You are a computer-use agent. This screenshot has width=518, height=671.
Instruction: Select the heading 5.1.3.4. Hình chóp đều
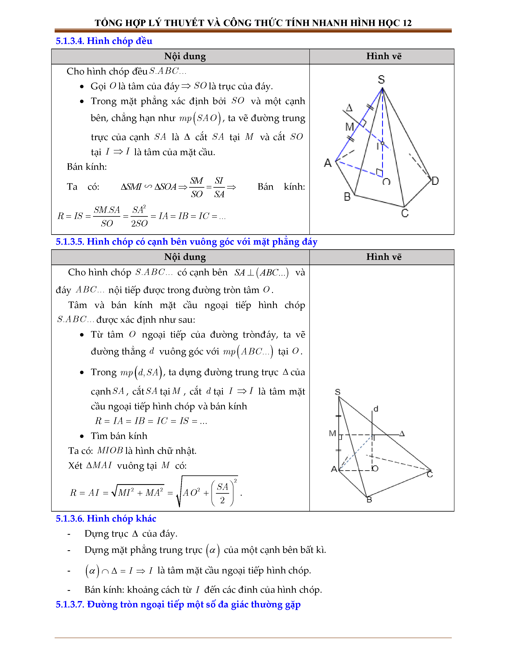tap(104, 41)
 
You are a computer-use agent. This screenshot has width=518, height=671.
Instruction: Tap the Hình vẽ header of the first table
tap(384, 56)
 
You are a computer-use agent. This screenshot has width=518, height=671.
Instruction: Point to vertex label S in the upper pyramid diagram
tap(381, 80)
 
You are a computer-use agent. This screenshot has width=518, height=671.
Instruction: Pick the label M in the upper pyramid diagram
tap(350, 127)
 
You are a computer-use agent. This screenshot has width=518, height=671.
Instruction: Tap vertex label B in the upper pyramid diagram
tap(347, 197)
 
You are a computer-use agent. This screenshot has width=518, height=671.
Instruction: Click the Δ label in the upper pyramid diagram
tap(349, 108)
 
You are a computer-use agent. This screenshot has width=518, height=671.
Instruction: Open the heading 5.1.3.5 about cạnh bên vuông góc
tap(186, 242)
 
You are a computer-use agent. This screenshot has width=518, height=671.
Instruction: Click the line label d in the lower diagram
tap(376, 409)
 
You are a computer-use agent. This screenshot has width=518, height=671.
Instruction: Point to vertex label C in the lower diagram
tap(430, 475)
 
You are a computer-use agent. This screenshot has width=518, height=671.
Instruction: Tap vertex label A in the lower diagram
tap(334, 469)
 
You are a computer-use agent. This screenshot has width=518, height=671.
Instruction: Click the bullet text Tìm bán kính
tap(119, 436)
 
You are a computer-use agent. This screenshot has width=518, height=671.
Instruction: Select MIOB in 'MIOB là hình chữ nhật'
tap(110, 450)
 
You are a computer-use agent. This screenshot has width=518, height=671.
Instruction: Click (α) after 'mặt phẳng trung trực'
tap(213, 550)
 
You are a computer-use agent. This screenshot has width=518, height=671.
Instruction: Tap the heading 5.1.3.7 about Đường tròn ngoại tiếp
tap(178, 605)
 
